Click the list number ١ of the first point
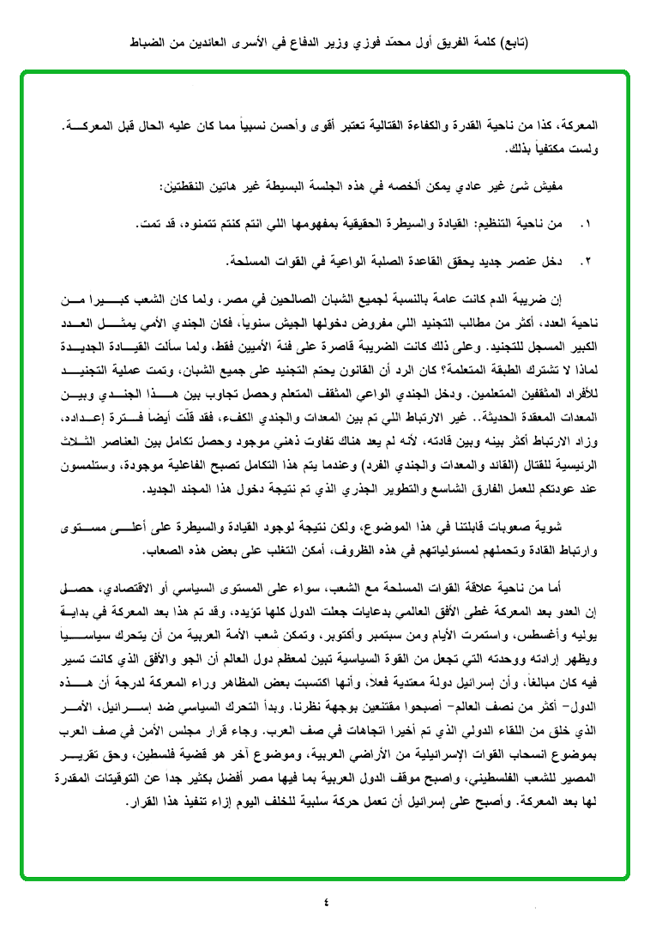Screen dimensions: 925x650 [x=586, y=224]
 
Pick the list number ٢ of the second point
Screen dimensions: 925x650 [x=586, y=259]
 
